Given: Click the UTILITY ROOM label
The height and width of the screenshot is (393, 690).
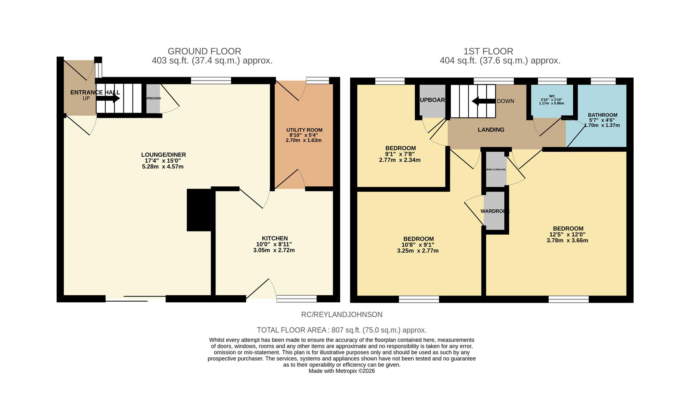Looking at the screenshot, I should click(x=304, y=130).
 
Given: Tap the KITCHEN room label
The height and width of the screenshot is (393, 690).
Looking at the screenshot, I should click(x=275, y=238).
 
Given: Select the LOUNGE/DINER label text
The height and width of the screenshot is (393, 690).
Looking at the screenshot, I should click(x=164, y=155).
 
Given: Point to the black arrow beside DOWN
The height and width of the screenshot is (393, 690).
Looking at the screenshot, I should click(x=483, y=101).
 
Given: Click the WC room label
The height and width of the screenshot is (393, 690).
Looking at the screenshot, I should click(x=552, y=96).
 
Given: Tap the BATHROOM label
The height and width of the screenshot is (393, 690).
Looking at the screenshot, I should click(x=602, y=115).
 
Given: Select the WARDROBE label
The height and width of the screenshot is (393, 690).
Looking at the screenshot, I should click(x=495, y=211).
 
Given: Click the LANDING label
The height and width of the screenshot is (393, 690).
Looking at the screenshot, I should click(x=491, y=130).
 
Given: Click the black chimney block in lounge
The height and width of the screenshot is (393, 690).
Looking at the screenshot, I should click(x=199, y=210).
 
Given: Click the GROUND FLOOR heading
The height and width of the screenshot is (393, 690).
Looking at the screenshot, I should click(x=204, y=51).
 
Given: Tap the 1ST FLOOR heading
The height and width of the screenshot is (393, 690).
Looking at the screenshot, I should click(x=488, y=51).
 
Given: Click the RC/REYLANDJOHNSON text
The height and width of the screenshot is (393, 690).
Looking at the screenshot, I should click(x=342, y=314).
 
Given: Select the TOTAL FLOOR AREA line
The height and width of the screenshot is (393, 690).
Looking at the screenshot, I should click(x=342, y=330).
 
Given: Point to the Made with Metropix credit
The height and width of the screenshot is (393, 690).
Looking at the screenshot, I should click(x=342, y=371).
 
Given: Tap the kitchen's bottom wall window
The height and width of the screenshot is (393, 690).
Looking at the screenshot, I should click(x=296, y=299).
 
